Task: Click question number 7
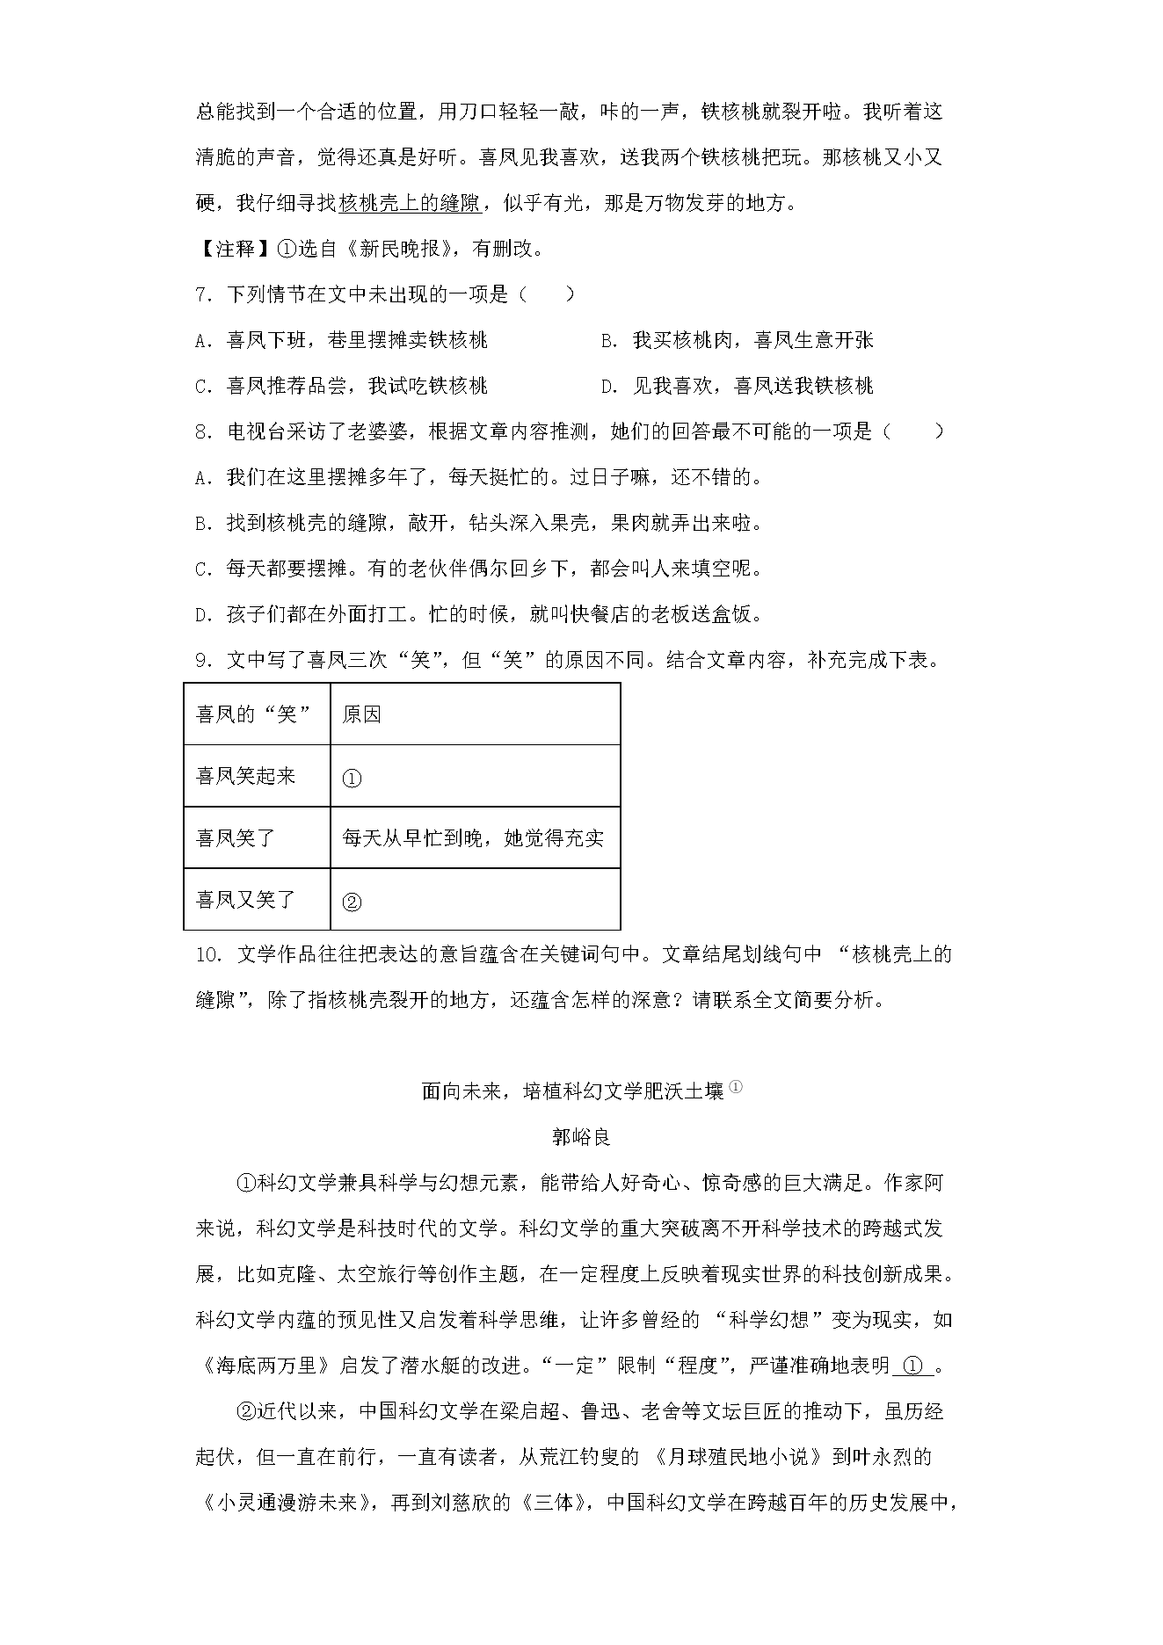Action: (x=203, y=295)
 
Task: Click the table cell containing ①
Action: (x=475, y=777)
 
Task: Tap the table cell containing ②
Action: (x=475, y=901)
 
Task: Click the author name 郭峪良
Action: (x=581, y=1137)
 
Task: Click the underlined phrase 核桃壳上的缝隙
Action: (x=409, y=204)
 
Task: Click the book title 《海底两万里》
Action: (x=265, y=1366)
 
